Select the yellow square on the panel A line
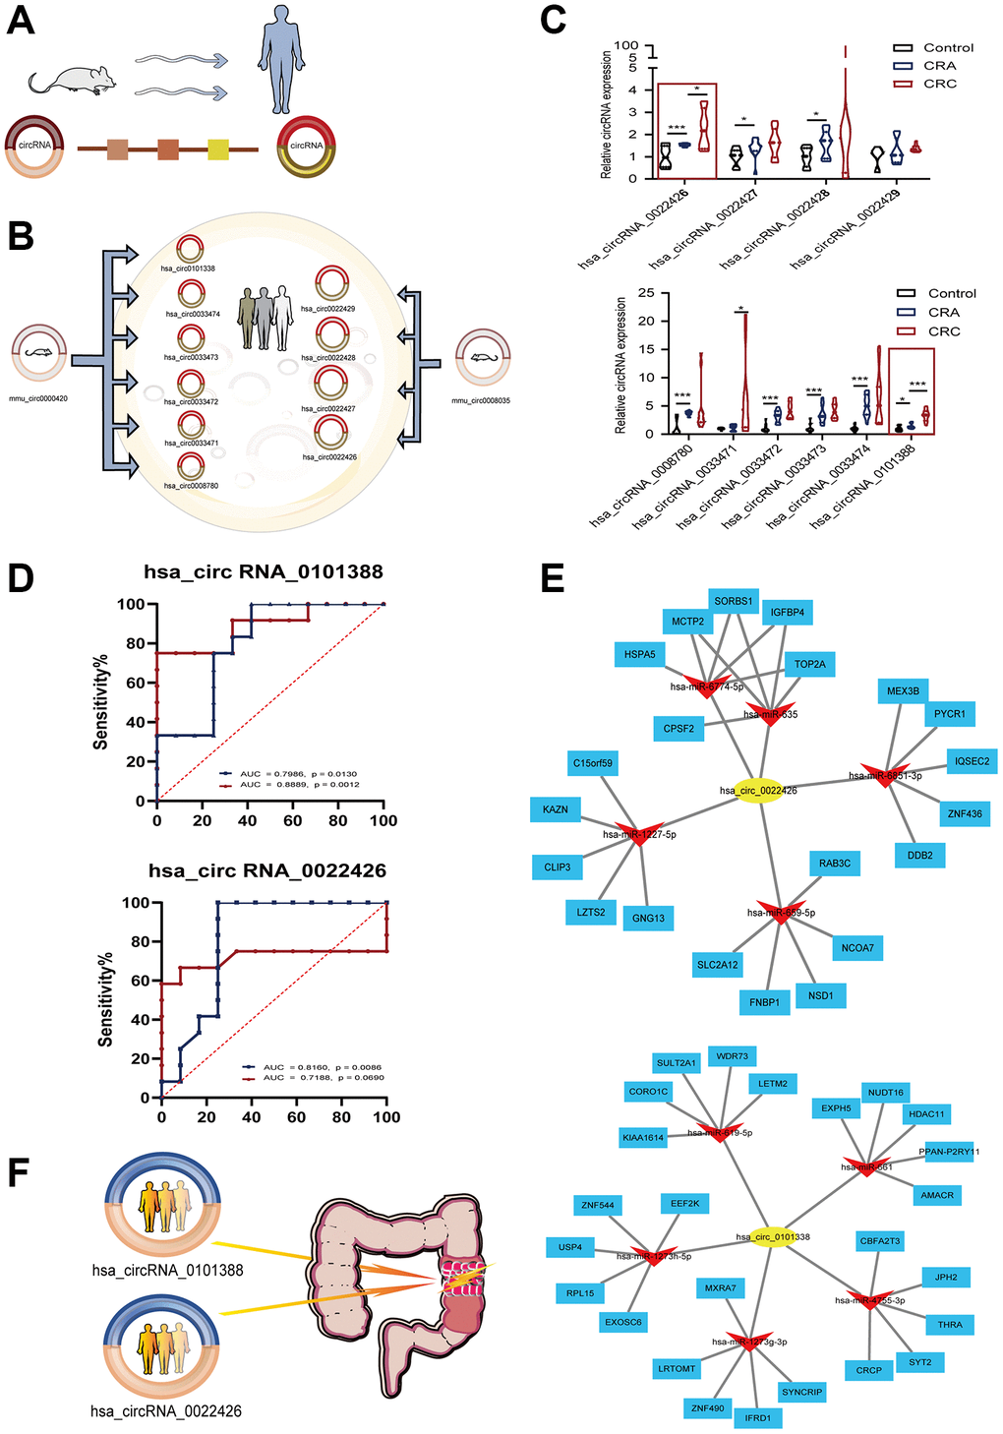click(x=218, y=149)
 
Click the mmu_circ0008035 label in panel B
click(x=481, y=400)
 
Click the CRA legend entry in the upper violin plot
click(x=938, y=66)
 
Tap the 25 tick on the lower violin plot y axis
click(x=646, y=293)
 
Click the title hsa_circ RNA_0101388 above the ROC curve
click(x=264, y=571)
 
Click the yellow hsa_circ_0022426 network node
click(x=758, y=790)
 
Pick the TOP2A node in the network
click(x=809, y=665)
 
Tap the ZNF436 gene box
click(x=965, y=813)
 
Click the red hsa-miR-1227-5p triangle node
click(x=639, y=834)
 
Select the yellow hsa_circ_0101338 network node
click(x=774, y=1236)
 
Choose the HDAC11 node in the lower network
click(x=926, y=1114)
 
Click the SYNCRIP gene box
click(x=801, y=1392)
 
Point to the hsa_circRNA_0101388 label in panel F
click(x=167, y=1270)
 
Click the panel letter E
click(x=553, y=578)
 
